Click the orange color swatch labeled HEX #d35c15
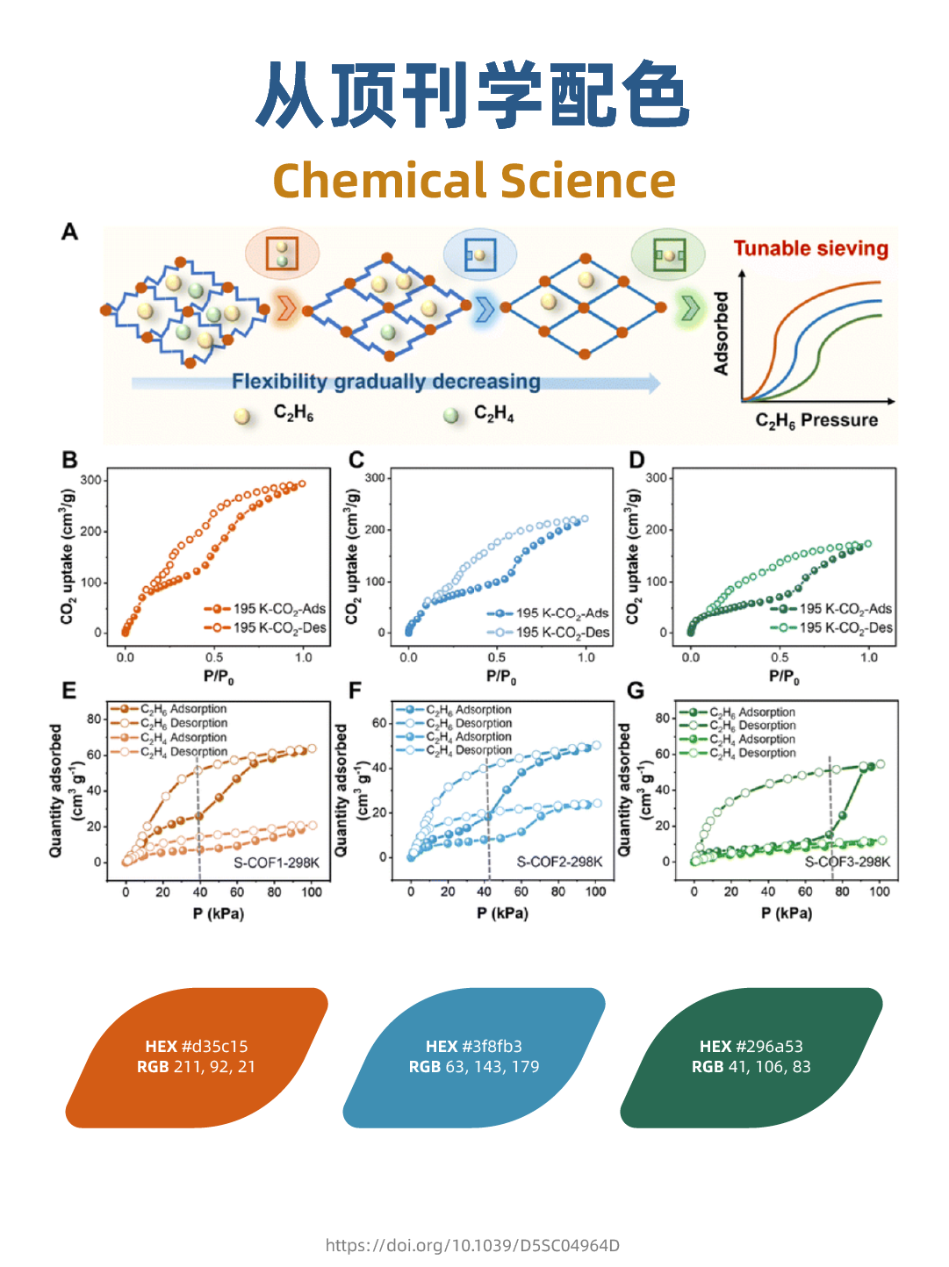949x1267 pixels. [197, 1057]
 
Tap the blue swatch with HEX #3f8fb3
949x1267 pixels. [474, 1057]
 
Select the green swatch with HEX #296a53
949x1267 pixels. [751, 1057]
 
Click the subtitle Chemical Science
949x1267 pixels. [474, 181]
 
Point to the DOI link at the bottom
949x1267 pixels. [472, 1245]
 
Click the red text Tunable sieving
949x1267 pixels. [810, 249]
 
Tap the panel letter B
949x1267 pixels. [69, 460]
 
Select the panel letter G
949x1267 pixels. [636, 691]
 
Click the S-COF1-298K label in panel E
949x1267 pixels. [276, 863]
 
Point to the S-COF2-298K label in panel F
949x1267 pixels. [559, 862]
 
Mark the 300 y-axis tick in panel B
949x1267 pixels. [90, 480]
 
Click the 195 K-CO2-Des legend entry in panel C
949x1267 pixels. [550, 632]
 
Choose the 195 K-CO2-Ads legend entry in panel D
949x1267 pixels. [833, 608]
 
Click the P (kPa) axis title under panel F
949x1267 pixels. [502, 913]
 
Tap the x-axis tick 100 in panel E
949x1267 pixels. [311, 892]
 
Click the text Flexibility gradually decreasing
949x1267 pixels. [386, 382]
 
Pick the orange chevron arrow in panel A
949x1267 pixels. [285, 309]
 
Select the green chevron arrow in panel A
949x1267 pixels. [690, 308]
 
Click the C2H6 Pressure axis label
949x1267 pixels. [816, 420]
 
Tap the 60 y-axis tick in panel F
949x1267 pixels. [378, 723]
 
